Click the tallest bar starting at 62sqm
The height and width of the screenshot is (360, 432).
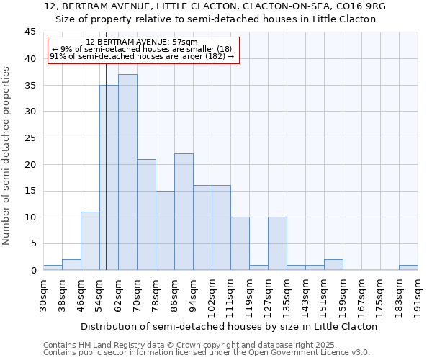pos(127,173)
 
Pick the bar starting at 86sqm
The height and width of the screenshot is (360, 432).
pos(184,212)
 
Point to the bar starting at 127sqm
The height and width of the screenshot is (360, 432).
pos(277,244)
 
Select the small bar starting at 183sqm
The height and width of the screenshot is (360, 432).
pos(408,268)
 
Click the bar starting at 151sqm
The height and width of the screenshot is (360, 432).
pos(333,265)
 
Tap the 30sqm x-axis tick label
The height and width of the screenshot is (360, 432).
pos(43,295)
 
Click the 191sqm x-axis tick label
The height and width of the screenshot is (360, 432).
pos(418,295)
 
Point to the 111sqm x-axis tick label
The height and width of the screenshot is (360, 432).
pos(230,295)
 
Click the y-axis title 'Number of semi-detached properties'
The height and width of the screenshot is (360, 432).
pos(7,155)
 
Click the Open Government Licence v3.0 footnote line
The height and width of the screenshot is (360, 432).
pos(207,352)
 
